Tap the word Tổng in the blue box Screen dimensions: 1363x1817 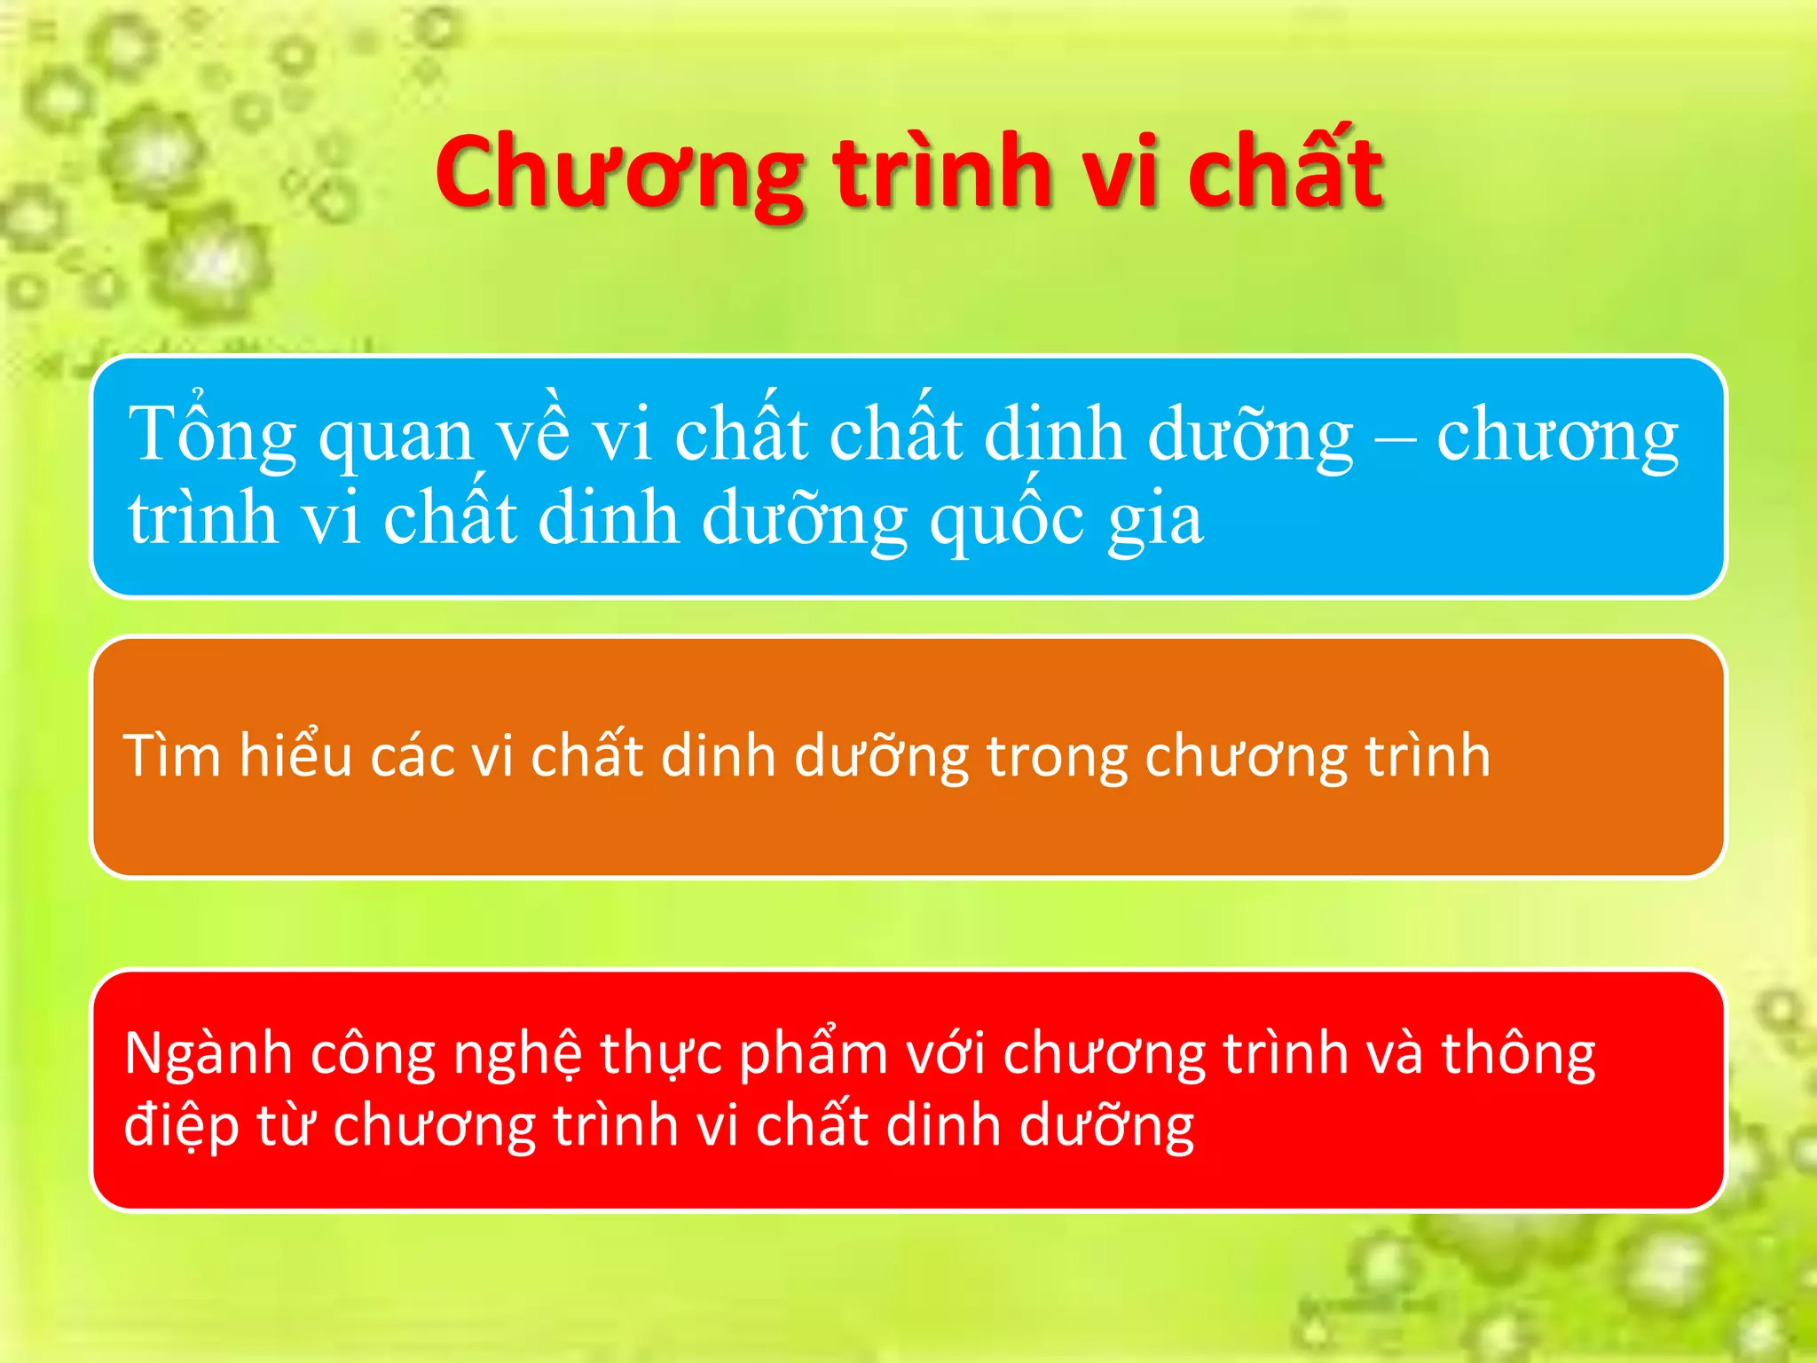212,435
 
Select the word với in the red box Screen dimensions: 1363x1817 944,1054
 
